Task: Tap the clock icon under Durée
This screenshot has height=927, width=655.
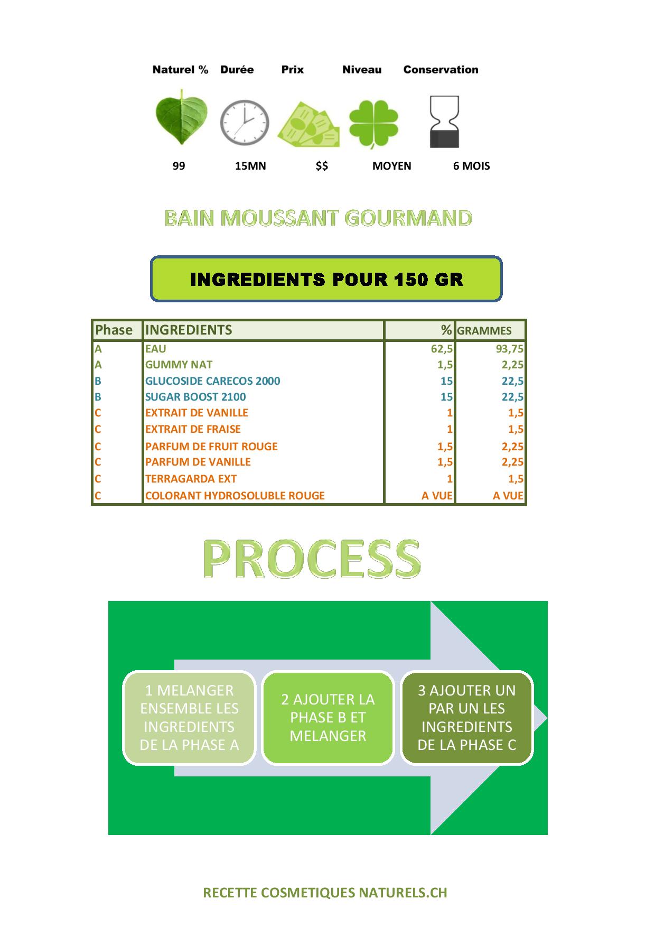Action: (x=245, y=123)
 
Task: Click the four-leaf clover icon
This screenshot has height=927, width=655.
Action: (x=373, y=124)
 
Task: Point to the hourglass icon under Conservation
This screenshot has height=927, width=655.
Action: (x=444, y=122)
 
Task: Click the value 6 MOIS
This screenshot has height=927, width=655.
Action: (x=471, y=166)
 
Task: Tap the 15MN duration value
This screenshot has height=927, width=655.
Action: (x=250, y=166)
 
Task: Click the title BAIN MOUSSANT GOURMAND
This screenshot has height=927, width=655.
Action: (x=318, y=218)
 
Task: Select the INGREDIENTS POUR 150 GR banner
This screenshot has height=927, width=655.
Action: (x=326, y=279)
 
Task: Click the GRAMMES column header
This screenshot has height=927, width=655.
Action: (x=484, y=331)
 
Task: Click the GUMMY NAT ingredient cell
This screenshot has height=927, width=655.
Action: (x=179, y=365)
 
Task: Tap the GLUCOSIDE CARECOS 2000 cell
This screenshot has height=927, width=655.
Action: (x=212, y=381)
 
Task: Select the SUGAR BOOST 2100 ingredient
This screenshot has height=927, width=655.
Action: (x=195, y=397)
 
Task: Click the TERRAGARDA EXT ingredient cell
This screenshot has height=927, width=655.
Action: (x=191, y=479)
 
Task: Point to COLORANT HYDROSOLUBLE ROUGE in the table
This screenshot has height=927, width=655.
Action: (x=235, y=496)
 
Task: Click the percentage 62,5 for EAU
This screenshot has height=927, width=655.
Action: (x=442, y=349)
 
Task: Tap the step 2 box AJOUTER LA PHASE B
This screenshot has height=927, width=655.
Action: (x=328, y=718)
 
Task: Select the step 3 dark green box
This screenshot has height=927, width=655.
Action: (x=467, y=718)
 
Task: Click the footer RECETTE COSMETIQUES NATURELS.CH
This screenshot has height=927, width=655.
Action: (x=325, y=893)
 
